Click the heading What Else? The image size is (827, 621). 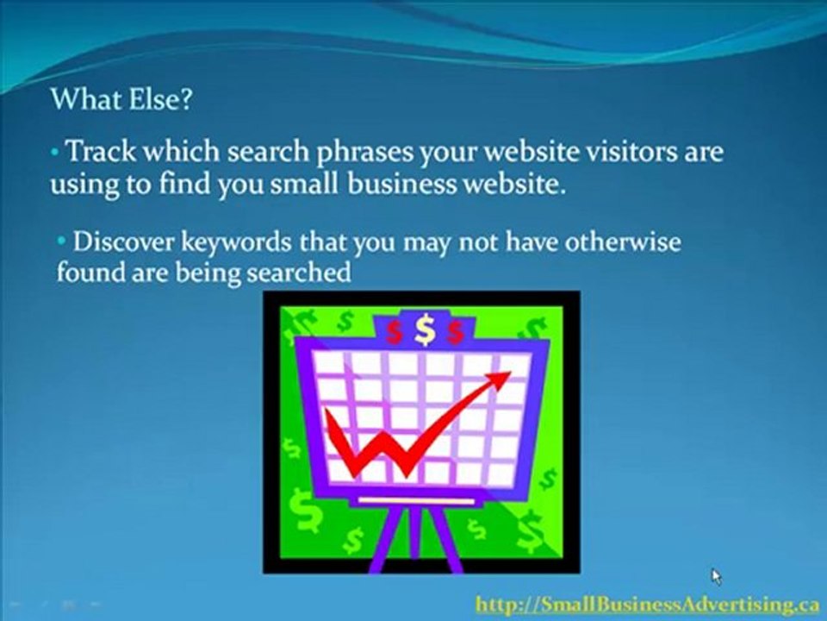pyautogui.click(x=121, y=99)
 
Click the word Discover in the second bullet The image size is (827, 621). pyautogui.click(x=124, y=241)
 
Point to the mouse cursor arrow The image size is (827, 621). pyautogui.click(x=716, y=576)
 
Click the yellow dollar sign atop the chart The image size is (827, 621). pyautogui.click(x=424, y=329)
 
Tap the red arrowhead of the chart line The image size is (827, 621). pyautogui.click(x=500, y=379)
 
